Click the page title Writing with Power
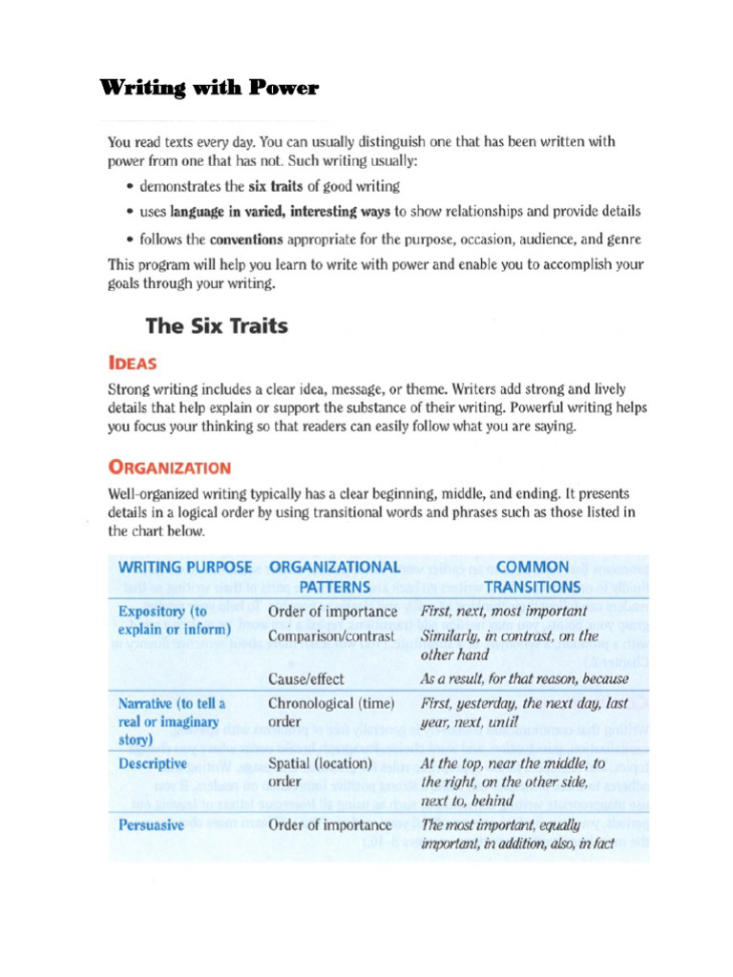point(209,90)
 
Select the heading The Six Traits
point(216,326)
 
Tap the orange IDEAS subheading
point(133,364)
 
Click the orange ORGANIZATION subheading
point(169,468)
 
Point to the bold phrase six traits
point(275,186)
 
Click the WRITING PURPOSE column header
point(184,567)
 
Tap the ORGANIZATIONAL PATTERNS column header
point(334,576)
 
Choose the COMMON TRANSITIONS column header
point(532,576)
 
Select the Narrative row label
point(171,721)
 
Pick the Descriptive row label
point(152,764)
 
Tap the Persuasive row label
point(151,825)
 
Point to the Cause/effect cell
point(305,679)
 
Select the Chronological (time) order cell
point(329,713)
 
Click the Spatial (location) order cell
point(320,773)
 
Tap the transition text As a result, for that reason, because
point(524,679)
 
